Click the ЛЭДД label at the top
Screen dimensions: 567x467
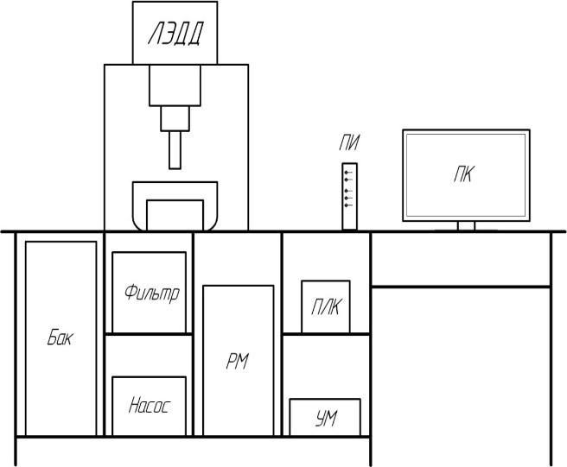point(175,34)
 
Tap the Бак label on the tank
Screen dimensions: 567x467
point(61,337)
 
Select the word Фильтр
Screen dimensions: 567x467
point(152,293)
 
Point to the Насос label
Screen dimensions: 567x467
point(149,405)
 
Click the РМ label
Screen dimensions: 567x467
point(237,362)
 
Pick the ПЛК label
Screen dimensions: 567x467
point(326,307)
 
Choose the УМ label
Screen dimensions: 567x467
point(326,419)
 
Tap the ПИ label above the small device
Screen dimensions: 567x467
point(349,142)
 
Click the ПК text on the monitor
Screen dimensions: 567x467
point(464,174)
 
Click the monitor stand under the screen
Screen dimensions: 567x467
point(466,226)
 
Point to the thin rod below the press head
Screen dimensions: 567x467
point(175,150)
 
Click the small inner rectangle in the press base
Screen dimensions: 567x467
point(175,215)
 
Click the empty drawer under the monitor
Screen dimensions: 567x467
point(461,260)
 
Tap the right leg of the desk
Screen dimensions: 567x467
point(551,349)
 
